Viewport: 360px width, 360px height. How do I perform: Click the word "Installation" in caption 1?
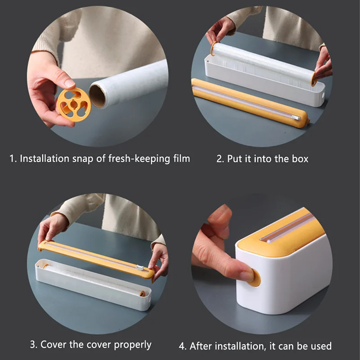click(x=45, y=158)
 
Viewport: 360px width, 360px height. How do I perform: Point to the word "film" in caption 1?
click(x=182, y=158)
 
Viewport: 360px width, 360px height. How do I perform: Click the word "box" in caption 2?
click(x=300, y=159)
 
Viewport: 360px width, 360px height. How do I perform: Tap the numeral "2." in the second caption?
click(x=220, y=159)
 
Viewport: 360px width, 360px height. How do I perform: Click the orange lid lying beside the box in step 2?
click(x=250, y=103)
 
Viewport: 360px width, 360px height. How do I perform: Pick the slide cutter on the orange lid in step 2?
click(x=296, y=118)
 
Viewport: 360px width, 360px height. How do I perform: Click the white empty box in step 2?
click(x=265, y=81)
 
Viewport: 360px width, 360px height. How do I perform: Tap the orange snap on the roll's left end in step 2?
click(x=213, y=49)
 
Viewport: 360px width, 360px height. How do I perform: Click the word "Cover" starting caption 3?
click(x=54, y=344)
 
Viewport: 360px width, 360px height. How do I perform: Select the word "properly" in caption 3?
click(x=133, y=345)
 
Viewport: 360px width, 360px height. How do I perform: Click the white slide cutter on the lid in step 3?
click(x=140, y=268)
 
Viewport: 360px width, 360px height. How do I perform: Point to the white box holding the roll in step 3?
click(x=93, y=284)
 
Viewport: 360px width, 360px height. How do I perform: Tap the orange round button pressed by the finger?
click(x=256, y=278)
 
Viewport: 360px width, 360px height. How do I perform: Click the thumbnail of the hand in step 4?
click(x=246, y=275)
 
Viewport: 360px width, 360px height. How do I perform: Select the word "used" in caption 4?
click(x=321, y=346)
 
